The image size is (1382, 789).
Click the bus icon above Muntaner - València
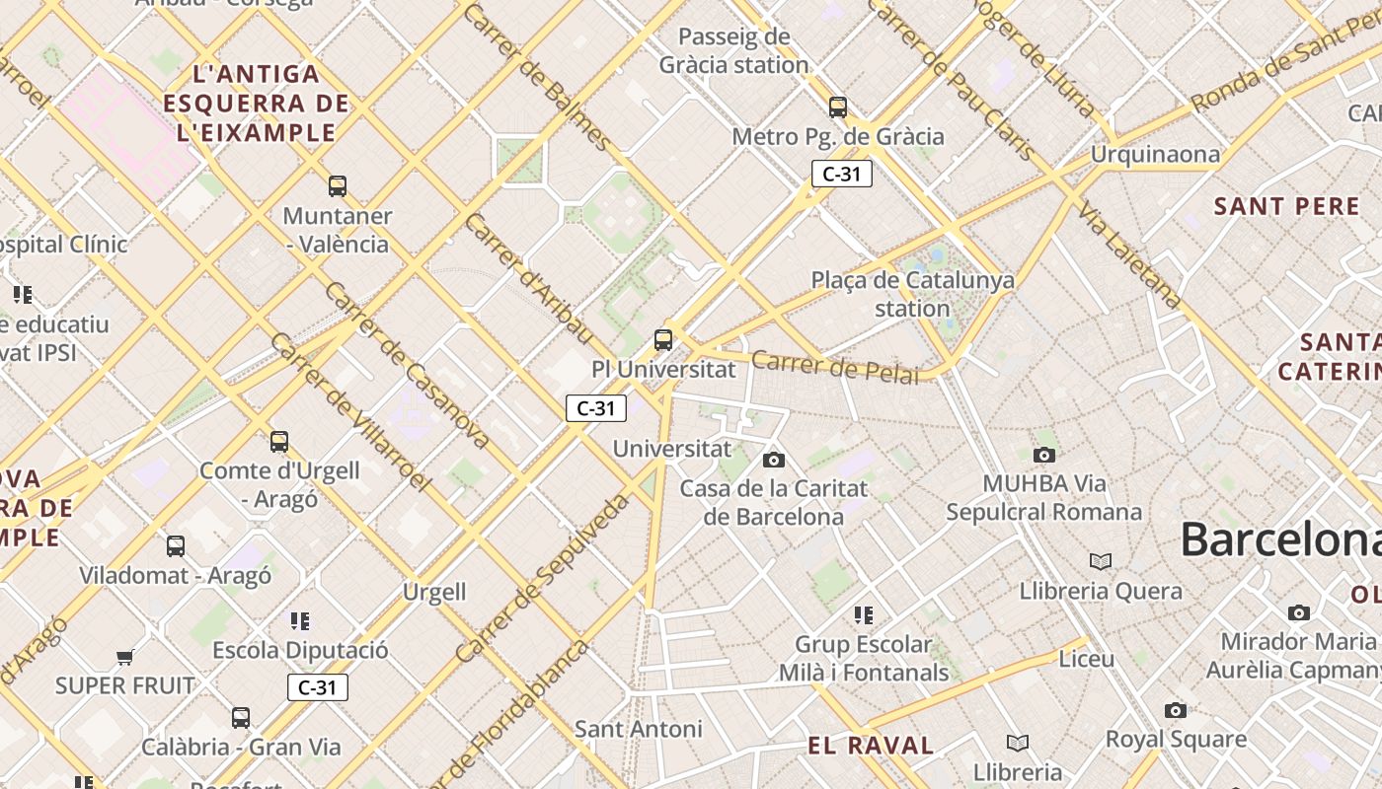click(338, 185)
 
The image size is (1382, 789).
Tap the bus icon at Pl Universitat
click(663, 340)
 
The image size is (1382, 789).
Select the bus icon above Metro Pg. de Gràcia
click(838, 107)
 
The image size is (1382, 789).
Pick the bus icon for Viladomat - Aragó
click(176, 545)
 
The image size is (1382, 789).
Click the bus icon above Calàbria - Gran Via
click(241, 717)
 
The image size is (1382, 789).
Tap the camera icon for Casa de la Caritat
click(774, 460)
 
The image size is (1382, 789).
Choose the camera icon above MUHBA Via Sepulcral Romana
click(1044, 455)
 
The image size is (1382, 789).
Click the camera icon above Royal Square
click(1175, 710)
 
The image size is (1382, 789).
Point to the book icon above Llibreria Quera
click(1101, 561)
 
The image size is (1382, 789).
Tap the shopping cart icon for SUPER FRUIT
click(124, 657)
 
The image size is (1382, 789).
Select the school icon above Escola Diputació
click(300, 620)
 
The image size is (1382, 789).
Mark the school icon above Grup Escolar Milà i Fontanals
click(864, 615)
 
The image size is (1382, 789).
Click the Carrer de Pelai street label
click(834, 367)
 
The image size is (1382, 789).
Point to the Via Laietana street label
click(1130, 254)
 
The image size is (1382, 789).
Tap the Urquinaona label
click(1155, 155)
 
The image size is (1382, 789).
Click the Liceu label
click(1087, 659)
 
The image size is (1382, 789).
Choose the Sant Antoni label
click(639, 729)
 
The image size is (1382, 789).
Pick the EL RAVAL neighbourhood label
click(871, 746)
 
